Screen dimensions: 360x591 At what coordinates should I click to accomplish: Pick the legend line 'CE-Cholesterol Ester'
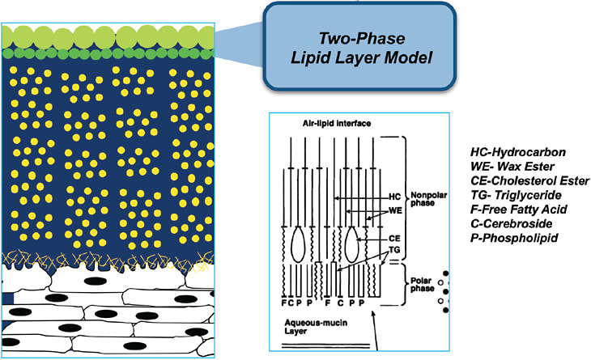coord(529,180)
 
